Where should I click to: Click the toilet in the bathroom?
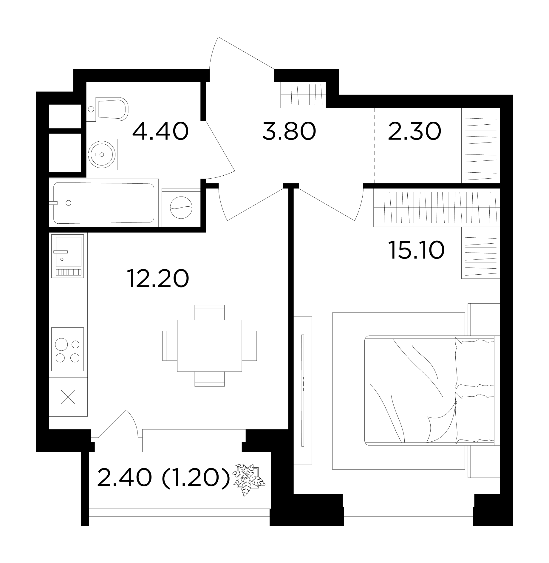(x=108, y=109)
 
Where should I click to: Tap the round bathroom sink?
(x=102, y=154)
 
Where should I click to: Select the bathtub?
(x=104, y=203)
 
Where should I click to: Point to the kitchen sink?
(x=68, y=256)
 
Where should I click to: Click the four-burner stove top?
(x=68, y=349)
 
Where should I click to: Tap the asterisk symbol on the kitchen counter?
(x=68, y=397)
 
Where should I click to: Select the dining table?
(x=209, y=346)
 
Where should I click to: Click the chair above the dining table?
(x=209, y=312)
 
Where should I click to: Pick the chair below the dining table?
(x=209, y=379)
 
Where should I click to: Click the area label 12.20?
(x=158, y=278)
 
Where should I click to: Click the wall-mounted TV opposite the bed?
(x=303, y=390)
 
